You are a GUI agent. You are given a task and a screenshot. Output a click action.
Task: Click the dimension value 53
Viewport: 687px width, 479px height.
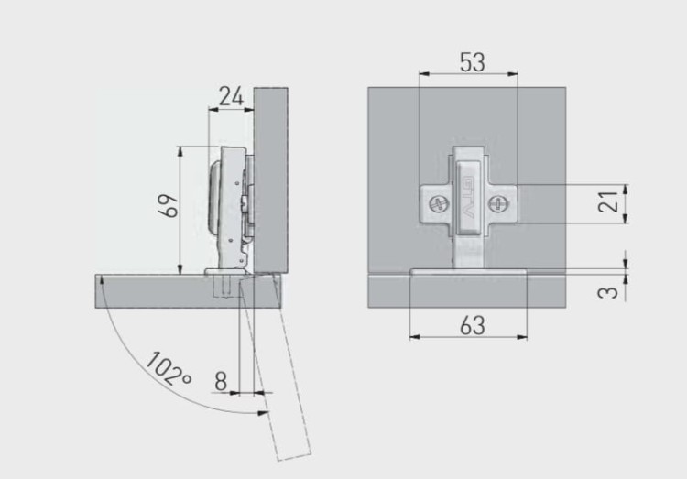coord(473,62)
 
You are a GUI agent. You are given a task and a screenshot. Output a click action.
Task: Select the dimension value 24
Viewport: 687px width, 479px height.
coord(231,97)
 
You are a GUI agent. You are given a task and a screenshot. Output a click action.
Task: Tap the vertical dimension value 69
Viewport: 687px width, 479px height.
coord(169,205)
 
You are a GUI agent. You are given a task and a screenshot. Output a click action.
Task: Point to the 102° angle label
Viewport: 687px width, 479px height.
coord(169,368)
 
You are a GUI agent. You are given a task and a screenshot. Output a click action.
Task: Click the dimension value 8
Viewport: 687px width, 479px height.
coord(221,381)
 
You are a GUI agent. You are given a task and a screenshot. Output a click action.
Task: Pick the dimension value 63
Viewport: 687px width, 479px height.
coord(473,326)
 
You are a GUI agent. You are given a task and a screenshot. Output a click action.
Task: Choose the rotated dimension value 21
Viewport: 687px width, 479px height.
coord(608,202)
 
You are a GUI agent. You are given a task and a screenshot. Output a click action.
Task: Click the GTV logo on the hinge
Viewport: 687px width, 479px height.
coord(468,197)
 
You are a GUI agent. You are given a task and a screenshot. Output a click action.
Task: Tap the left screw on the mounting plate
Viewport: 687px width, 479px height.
coord(438,204)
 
